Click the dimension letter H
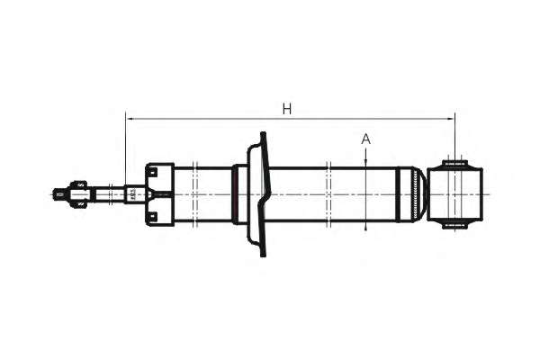pyautogui.click(x=287, y=109)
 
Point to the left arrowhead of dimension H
pyautogui.click(x=130, y=118)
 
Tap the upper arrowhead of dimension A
pyautogui.click(x=366, y=161)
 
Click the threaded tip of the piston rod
pyautogui.click(x=59, y=193)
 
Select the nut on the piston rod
pyautogui.click(x=78, y=193)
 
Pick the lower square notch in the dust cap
pyautogui.click(x=152, y=214)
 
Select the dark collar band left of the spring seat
pyautogui.click(x=235, y=193)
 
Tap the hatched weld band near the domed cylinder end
pyautogui.click(x=415, y=193)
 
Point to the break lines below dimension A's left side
pyautogui.click(x=330, y=193)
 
